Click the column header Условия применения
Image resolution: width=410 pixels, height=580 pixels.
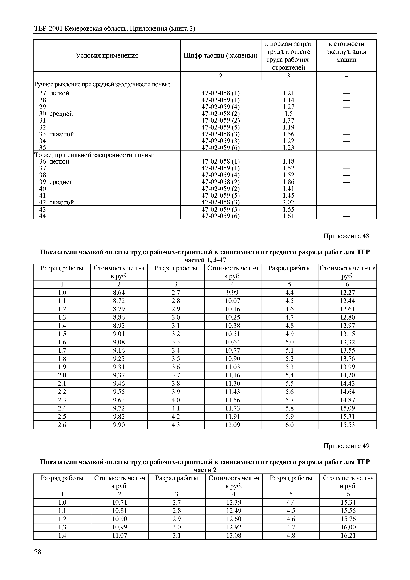107,56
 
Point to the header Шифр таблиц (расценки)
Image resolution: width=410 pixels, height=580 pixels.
220,56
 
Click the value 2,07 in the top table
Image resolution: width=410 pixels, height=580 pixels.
288,202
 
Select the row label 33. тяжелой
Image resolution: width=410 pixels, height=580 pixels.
57,134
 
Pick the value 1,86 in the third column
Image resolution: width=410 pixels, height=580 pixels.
288,182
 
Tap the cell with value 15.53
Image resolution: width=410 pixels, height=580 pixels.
347,425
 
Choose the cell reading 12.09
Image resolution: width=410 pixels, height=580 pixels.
233,425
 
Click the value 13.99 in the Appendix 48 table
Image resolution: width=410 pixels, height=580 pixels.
347,367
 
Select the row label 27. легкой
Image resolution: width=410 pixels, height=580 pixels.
54,93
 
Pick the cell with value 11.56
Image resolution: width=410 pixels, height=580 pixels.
233,400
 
